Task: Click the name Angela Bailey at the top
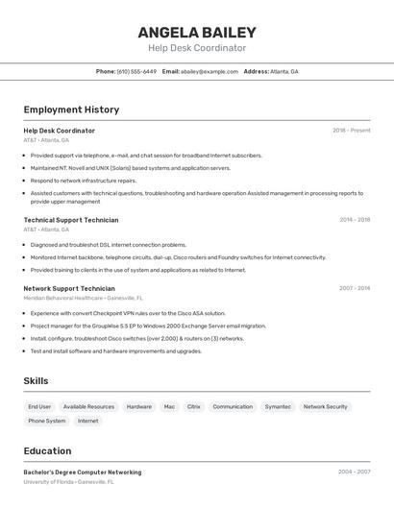coord(197,32)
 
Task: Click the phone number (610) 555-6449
coord(136,71)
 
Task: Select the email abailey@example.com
coord(209,71)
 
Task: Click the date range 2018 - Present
coord(351,131)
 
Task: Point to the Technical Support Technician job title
coord(71,220)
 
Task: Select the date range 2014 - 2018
coord(355,220)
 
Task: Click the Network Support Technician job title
coord(69,288)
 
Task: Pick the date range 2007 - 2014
coord(355,288)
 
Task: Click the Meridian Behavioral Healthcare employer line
coord(84,298)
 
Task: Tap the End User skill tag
coord(39,406)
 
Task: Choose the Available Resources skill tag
coord(88,406)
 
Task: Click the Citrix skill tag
coord(194,406)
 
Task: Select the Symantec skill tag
coord(278,406)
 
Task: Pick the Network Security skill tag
coord(326,406)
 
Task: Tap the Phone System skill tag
coord(47,421)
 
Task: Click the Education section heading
coord(47,450)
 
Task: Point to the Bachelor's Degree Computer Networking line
coord(83,473)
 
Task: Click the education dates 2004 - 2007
coord(355,473)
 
